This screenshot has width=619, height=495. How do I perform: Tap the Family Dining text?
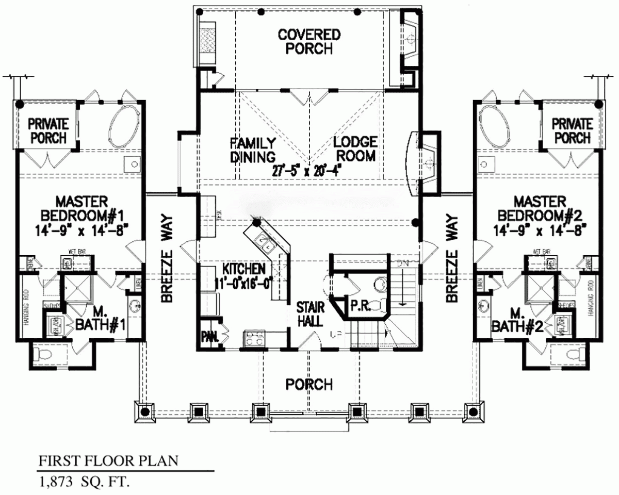(x=253, y=148)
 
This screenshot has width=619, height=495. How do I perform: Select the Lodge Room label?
(x=355, y=148)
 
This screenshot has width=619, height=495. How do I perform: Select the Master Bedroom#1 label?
(x=82, y=214)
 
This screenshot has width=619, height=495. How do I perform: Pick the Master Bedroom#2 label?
(x=540, y=214)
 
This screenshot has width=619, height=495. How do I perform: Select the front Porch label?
(x=309, y=384)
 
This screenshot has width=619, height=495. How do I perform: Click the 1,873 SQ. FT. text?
(x=83, y=483)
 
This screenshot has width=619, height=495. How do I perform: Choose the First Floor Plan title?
(x=108, y=460)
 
